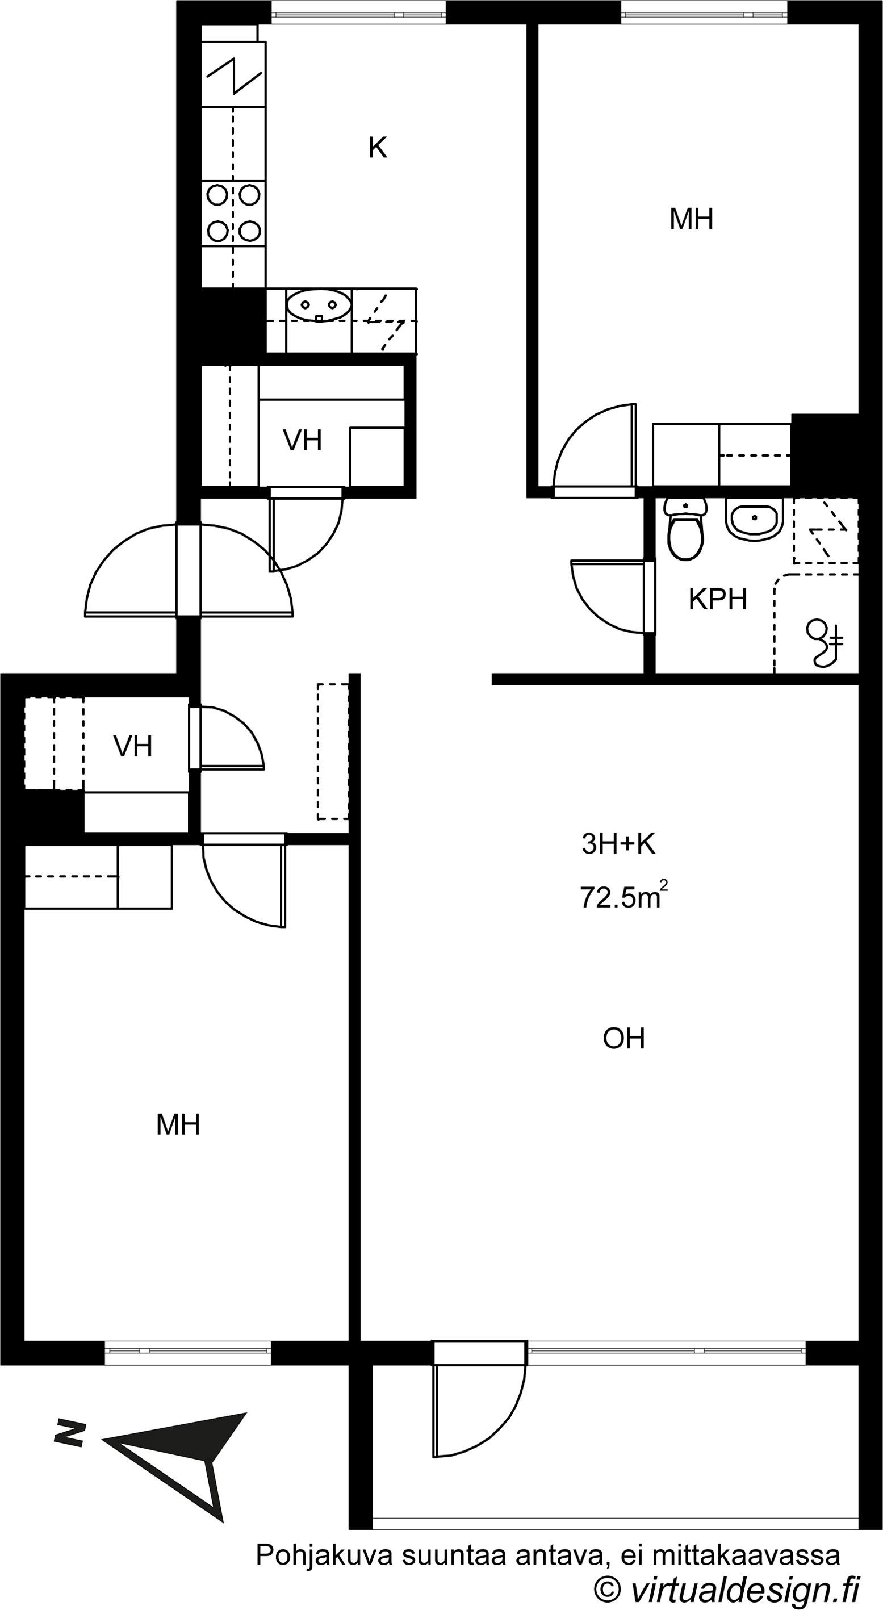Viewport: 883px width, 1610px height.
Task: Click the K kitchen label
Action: point(378,148)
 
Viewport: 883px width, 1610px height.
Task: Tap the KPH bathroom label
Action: point(718,599)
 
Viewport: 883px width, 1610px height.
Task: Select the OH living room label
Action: point(623,1039)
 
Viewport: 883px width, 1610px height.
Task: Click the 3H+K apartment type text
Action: point(618,844)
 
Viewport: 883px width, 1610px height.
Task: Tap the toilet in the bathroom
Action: point(685,529)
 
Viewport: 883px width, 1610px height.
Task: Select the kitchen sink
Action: point(319,306)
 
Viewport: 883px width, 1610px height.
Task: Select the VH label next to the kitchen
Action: point(303,441)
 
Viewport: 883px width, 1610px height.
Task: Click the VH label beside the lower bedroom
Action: point(133,746)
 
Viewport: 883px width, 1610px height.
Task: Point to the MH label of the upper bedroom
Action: point(691,219)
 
